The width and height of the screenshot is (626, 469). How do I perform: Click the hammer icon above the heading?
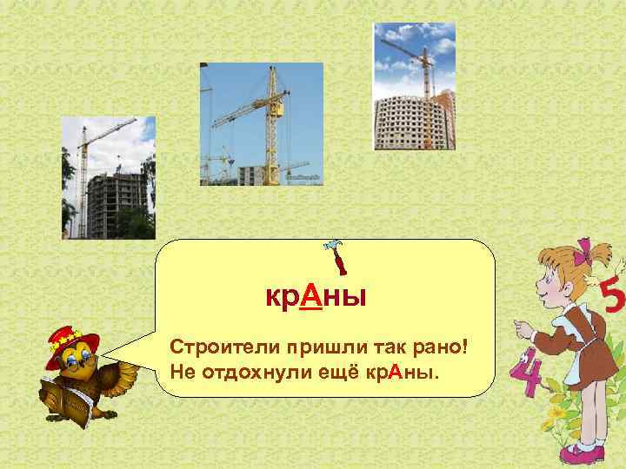tap(331, 258)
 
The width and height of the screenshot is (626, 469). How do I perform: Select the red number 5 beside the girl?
tap(612, 300)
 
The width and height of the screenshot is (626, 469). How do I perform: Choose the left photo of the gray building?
tap(108, 177)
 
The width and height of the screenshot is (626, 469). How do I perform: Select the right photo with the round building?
tap(414, 86)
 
